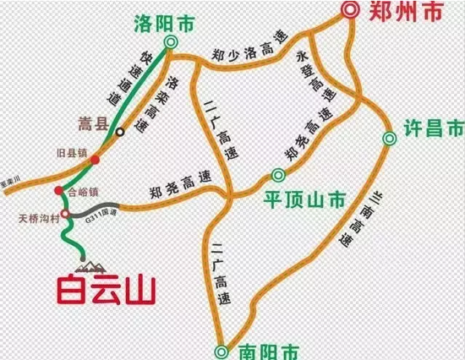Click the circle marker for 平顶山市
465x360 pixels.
pyautogui.click(x=277, y=176)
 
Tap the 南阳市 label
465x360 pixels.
pyautogui.click(x=262, y=349)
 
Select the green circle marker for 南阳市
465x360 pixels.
pyautogui.click(x=222, y=351)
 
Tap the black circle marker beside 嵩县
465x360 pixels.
pyautogui.click(x=121, y=131)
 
